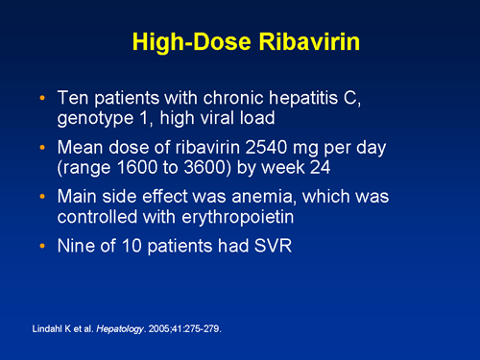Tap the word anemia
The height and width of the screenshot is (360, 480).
pyautogui.click(x=258, y=201)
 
